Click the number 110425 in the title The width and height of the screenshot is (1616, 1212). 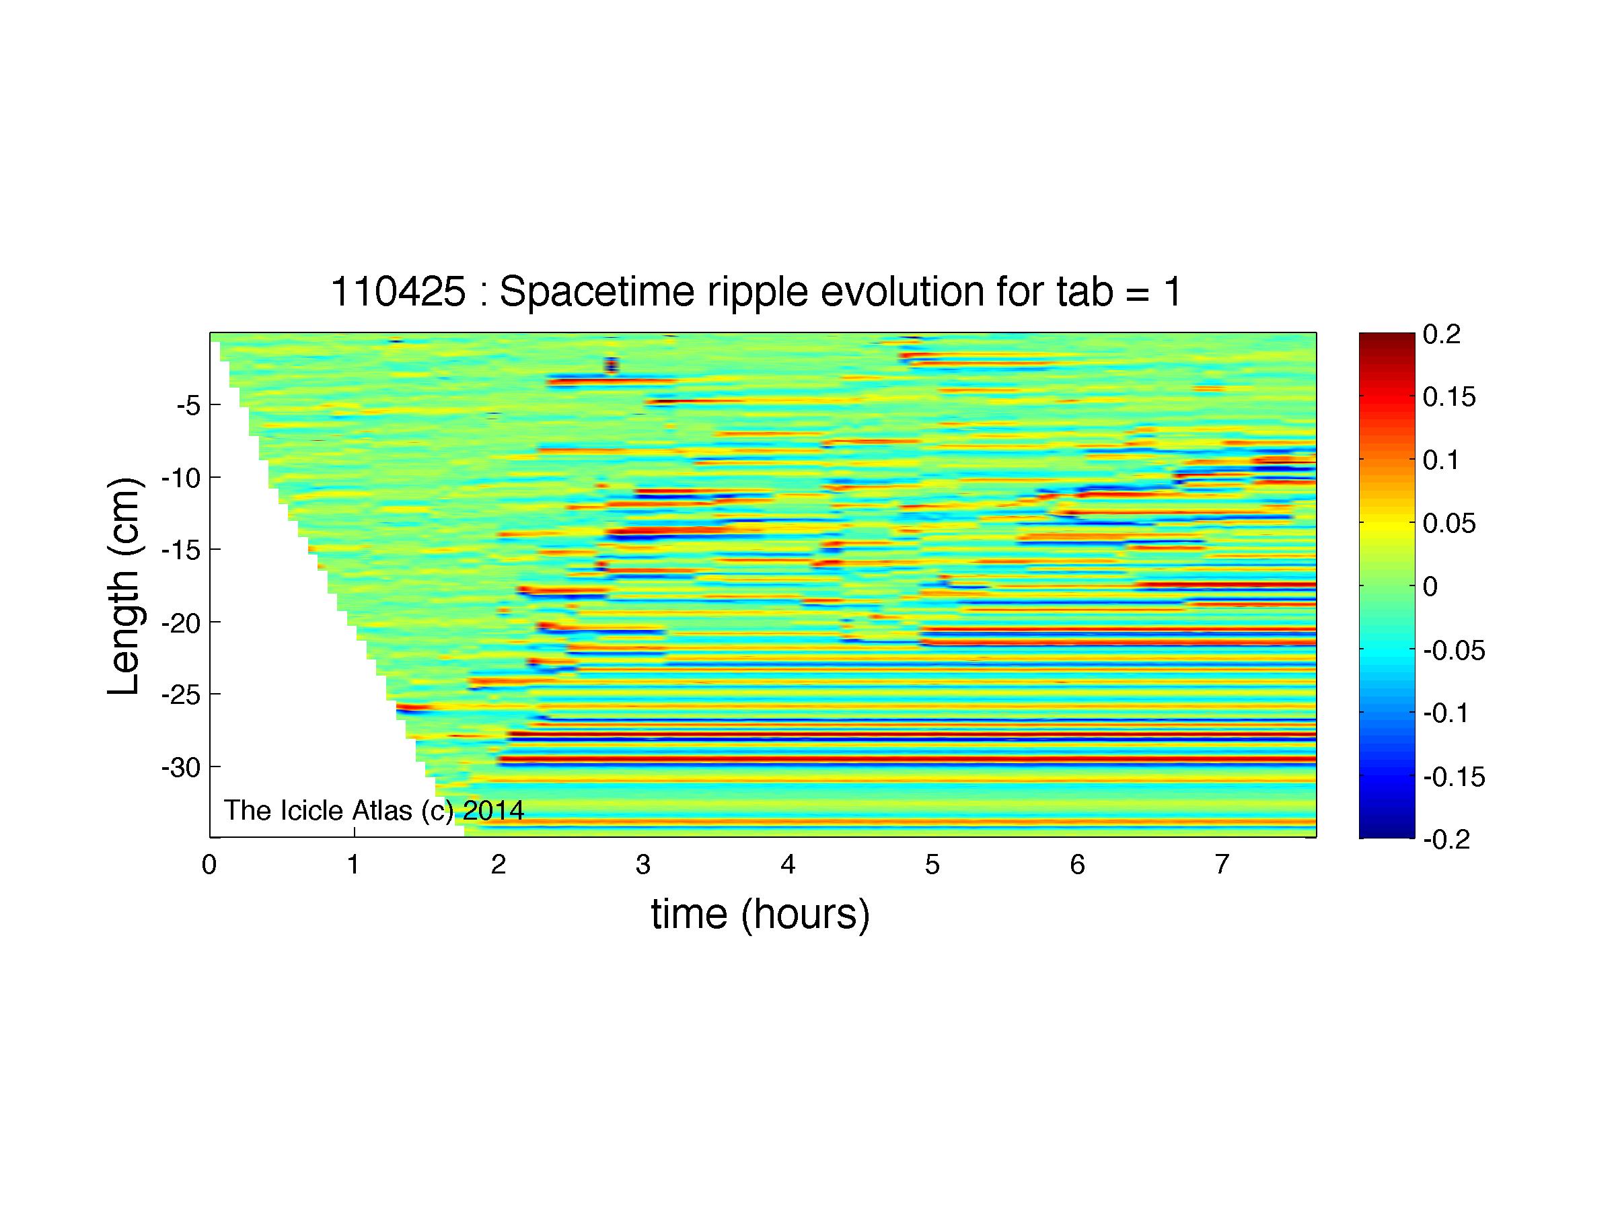click(x=398, y=292)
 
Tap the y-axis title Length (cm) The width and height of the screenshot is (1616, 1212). click(x=124, y=586)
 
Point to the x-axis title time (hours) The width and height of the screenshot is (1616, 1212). click(x=760, y=914)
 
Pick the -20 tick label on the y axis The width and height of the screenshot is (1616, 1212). click(x=181, y=622)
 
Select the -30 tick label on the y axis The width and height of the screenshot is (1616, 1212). click(x=181, y=767)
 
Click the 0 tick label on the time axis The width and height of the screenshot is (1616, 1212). click(x=210, y=865)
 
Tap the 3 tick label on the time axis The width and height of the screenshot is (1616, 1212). click(x=643, y=865)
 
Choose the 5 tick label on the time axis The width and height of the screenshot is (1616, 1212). click(x=932, y=865)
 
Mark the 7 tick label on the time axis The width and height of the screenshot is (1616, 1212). click(x=1222, y=865)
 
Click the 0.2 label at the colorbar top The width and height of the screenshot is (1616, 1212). click(x=1441, y=334)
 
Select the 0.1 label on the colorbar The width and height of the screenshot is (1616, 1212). click(x=1441, y=460)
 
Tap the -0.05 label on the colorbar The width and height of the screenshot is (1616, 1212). click(x=1454, y=649)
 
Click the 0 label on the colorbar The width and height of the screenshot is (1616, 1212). click(x=1430, y=586)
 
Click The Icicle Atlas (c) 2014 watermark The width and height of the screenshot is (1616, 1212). click(x=374, y=810)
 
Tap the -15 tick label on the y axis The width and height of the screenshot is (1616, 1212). click(x=181, y=549)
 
